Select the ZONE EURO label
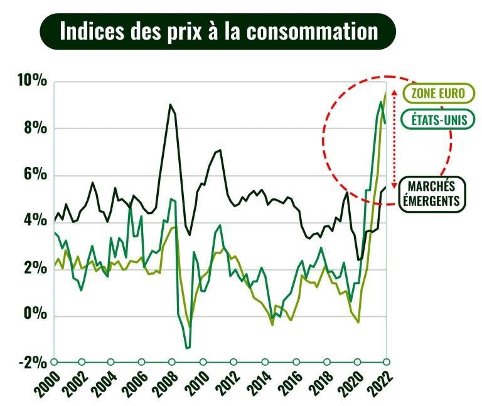tap(438, 93)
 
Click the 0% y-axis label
tap(34, 314)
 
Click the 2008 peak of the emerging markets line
tap(170, 105)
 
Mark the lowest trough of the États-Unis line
tap(188, 348)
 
